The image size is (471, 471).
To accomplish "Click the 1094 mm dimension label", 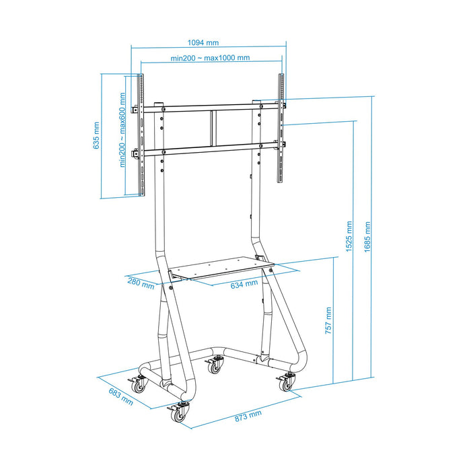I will click(x=203, y=42).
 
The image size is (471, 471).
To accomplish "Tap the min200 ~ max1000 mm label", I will click(x=210, y=58).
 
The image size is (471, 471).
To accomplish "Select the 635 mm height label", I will click(x=97, y=135).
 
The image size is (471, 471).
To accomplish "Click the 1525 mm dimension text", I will click(x=349, y=237).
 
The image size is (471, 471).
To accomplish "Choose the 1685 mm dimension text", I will click(x=367, y=236).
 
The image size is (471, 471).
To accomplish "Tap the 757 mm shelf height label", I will click(x=328, y=320).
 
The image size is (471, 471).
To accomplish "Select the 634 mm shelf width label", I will click(x=244, y=283).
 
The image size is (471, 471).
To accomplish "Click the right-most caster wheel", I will click(x=286, y=383).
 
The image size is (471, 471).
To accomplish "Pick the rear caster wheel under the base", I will click(x=214, y=366).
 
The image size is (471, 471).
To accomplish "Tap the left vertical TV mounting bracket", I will click(x=141, y=135).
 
